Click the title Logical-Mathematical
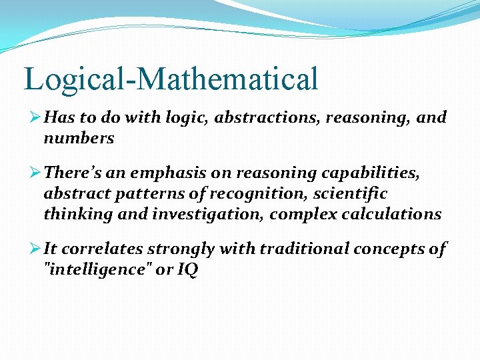pyautogui.click(x=171, y=79)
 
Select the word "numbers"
pyautogui.click(x=79, y=139)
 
